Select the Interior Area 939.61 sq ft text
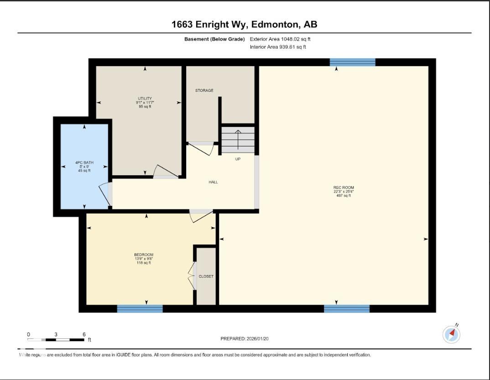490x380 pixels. [278, 47]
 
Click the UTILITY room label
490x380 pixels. [145, 99]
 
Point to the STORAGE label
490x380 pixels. [204, 90]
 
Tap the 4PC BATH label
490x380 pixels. [84, 162]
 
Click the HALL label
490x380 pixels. [213, 182]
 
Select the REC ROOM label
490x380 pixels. [343, 187]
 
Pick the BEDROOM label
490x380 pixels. [143, 255]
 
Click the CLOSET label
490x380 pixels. [206, 276]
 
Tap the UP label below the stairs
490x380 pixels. [238, 159]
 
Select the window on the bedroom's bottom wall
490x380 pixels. [140, 309]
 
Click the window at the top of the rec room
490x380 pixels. [352, 62]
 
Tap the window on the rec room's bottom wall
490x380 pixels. [346, 309]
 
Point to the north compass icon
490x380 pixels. [452, 334]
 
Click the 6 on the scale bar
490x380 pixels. [84, 334]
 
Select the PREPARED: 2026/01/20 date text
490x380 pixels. [248, 338]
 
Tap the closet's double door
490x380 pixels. [192, 276]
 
